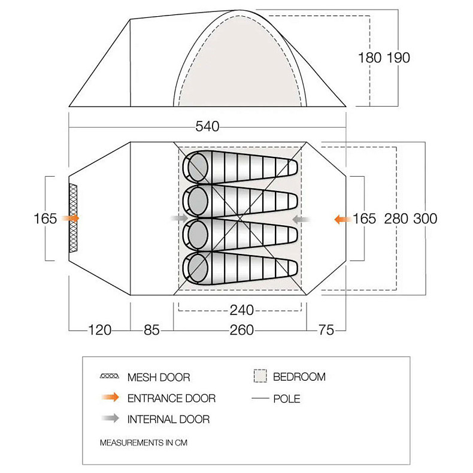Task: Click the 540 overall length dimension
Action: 207,126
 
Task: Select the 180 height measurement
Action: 369,57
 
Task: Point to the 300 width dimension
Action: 425,219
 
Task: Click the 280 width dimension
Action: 396,219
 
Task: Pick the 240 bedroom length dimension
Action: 241,310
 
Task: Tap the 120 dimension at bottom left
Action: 99,330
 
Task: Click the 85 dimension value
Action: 151,330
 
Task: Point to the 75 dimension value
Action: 327,330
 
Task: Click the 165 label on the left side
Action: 46,219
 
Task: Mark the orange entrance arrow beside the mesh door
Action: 71,219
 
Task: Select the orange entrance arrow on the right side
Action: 342,219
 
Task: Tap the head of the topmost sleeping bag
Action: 196,167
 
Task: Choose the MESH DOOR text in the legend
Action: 158,377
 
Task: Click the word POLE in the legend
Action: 286,399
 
